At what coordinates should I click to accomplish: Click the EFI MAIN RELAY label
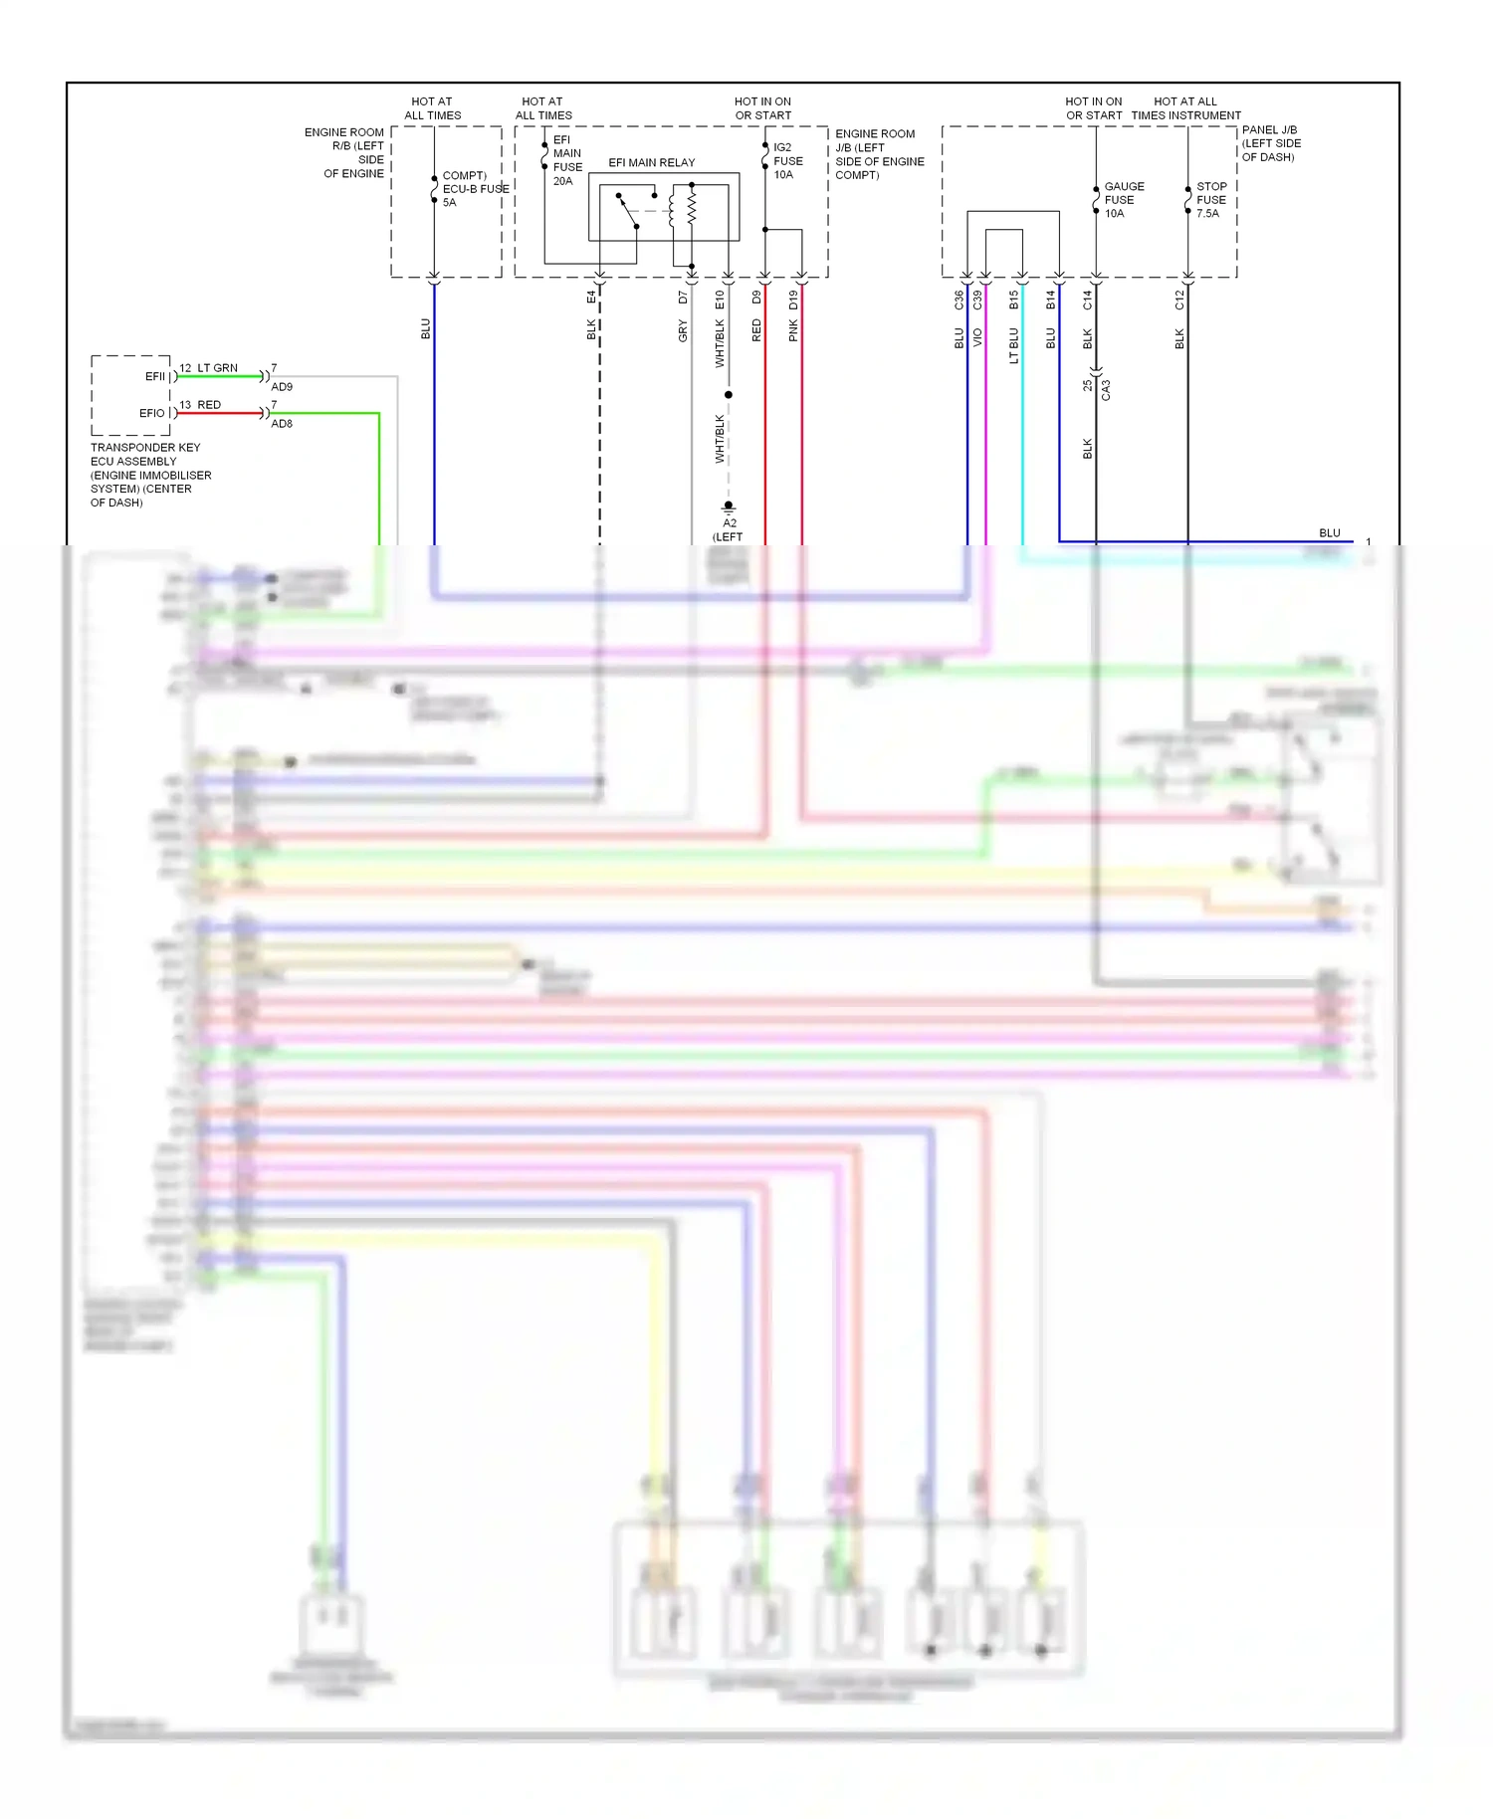point(651,162)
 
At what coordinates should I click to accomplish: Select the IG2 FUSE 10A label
point(787,160)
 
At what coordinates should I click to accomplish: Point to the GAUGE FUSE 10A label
point(1123,200)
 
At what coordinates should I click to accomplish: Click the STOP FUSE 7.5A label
point(1210,200)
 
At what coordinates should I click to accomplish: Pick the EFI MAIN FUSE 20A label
point(566,160)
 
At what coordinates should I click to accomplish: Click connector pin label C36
point(959,300)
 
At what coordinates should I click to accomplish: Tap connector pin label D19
point(793,300)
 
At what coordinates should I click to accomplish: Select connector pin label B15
point(1013,300)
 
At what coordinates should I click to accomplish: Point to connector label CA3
point(1106,389)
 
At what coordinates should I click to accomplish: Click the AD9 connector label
point(282,387)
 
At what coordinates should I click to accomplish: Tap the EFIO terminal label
point(152,413)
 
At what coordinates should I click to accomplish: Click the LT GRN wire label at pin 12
point(217,368)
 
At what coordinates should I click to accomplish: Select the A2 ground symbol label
point(730,522)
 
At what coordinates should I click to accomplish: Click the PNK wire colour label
point(793,331)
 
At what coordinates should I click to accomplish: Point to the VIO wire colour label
point(977,337)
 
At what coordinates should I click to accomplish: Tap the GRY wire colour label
point(683,331)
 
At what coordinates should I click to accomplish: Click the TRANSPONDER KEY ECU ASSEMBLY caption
point(149,475)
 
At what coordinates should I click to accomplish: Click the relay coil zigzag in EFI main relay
point(691,209)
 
